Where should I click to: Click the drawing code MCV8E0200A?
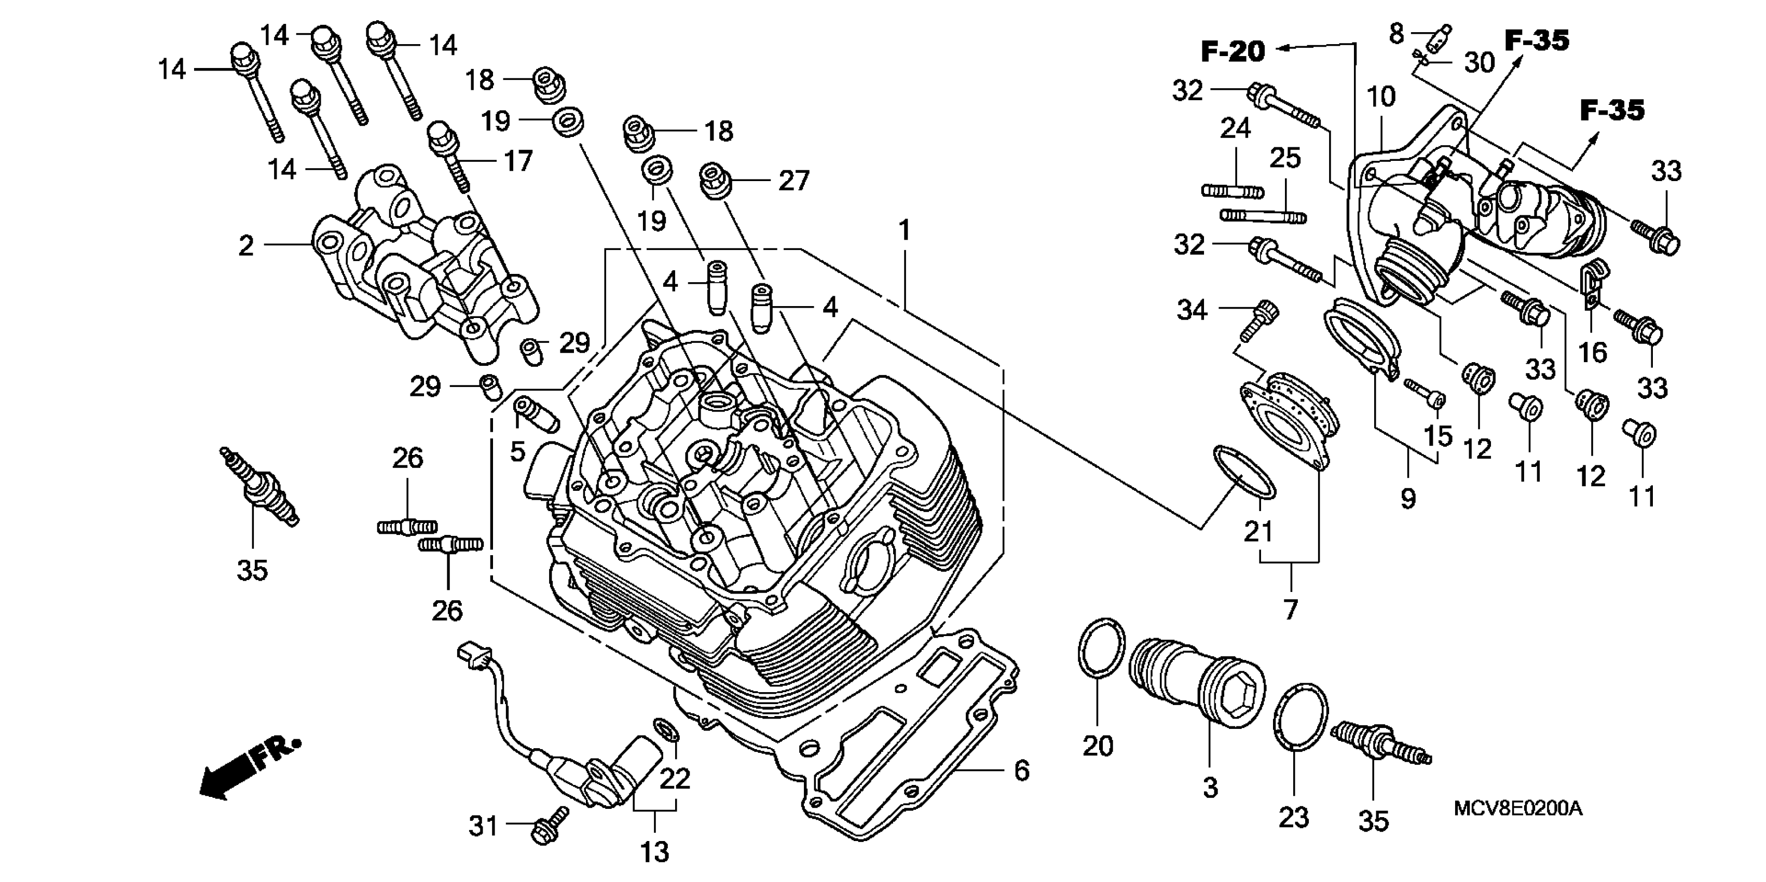(1518, 809)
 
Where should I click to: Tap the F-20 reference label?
(1233, 51)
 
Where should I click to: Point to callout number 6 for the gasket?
(1021, 770)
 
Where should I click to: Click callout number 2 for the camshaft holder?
(246, 246)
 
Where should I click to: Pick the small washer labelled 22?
(666, 731)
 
